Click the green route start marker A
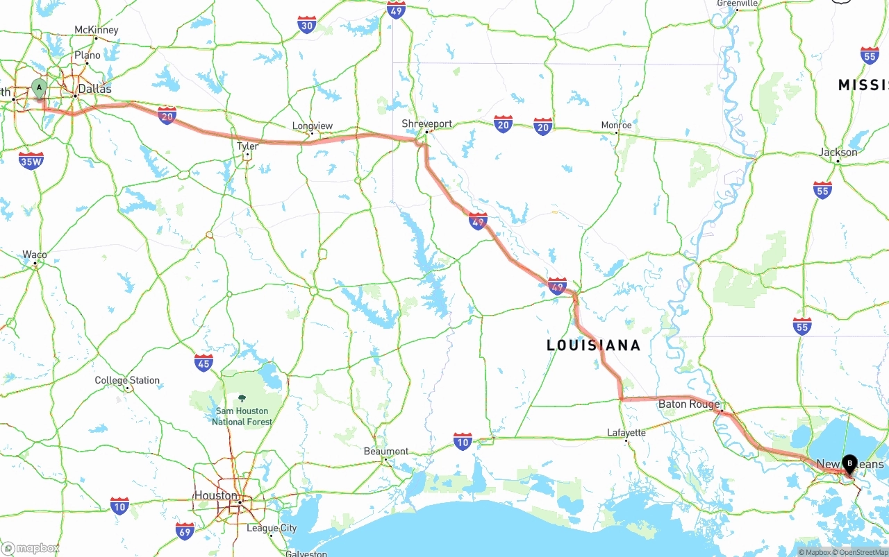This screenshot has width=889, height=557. tap(39, 88)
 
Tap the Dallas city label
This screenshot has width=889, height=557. tap(94, 89)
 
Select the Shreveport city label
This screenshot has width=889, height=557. tap(426, 123)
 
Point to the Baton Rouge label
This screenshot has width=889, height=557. tap(688, 404)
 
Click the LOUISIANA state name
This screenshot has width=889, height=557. tap(593, 345)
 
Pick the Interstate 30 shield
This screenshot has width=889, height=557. tap(306, 25)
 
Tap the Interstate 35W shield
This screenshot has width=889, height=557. tap(31, 161)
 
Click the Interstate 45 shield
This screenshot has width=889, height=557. tap(203, 362)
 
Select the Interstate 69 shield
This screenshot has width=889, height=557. tap(185, 531)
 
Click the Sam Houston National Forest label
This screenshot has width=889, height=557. tap(242, 415)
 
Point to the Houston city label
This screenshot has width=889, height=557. tap(215, 495)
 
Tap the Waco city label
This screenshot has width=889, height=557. tap(35, 255)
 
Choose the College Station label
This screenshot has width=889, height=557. tap(127, 380)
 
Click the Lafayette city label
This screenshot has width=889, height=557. tap(626, 432)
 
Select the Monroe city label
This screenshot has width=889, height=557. tap(616, 125)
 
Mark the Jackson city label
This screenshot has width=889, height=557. tap(838, 152)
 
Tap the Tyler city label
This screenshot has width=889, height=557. tap(247, 146)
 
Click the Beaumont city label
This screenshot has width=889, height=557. tap(386, 451)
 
